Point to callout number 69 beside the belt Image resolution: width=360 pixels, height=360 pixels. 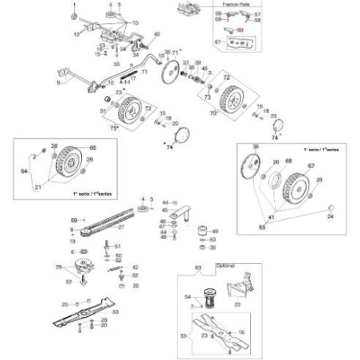pyautogui.click(x=73, y=219)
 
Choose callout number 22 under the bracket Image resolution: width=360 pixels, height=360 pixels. pyautogui.click(x=237, y=304)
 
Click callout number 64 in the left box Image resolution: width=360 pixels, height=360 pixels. pyautogui.click(x=25, y=170)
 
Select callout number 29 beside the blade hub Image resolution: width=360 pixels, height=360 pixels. pyautogui.click(x=58, y=267)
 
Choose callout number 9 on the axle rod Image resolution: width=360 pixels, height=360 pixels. pyautogui.click(x=58, y=82)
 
